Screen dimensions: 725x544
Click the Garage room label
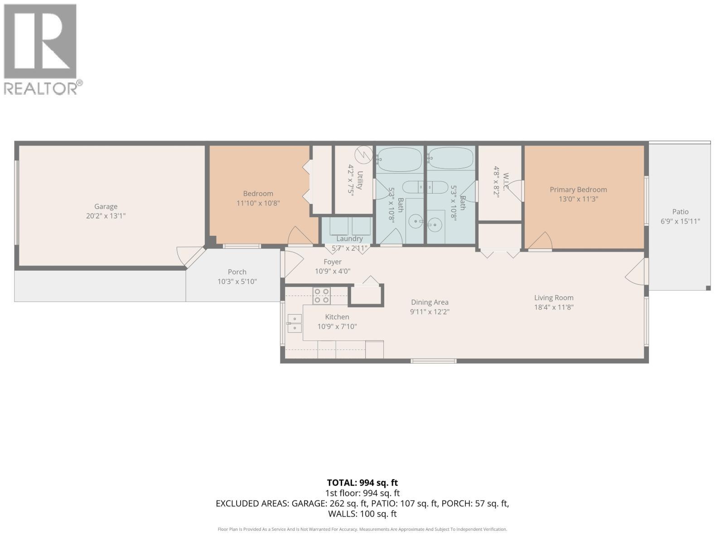tap(106, 206)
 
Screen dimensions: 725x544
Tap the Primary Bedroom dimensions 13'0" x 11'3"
tap(578, 199)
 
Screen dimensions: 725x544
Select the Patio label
tap(681, 212)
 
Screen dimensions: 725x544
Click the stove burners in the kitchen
tap(321, 296)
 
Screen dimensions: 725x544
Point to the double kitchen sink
tap(294, 323)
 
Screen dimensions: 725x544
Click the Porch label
tap(237, 272)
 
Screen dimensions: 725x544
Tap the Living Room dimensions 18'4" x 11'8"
tap(554, 307)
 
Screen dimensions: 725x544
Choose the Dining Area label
tap(430, 302)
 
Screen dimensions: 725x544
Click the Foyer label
tap(333, 262)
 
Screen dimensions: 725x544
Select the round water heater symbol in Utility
tap(364, 155)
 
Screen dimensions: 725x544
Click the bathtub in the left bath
tap(400, 159)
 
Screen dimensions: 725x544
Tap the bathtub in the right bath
tap(451, 159)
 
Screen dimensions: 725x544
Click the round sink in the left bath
tap(416, 221)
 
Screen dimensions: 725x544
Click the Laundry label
tap(349, 238)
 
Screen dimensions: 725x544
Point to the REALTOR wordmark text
tap(40, 88)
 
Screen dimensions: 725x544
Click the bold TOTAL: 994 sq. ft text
tap(362, 483)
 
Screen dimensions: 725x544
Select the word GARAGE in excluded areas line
tap(308, 503)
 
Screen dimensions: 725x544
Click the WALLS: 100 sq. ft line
tap(362, 514)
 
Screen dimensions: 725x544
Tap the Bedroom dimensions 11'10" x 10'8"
tap(258, 203)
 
